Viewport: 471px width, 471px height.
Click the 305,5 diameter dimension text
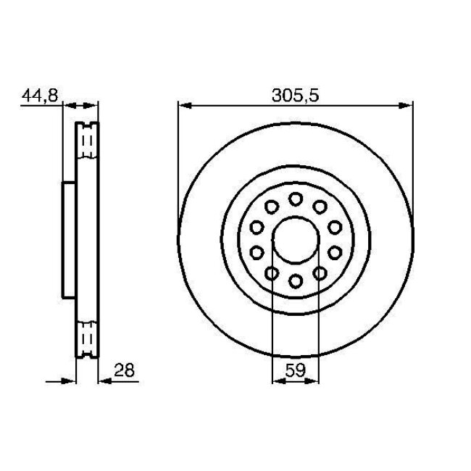[x=296, y=94]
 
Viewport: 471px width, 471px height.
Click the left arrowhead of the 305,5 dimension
[x=184, y=106]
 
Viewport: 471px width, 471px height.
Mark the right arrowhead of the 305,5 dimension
[x=407, y=106]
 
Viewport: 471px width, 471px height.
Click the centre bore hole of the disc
[x=295, y=238]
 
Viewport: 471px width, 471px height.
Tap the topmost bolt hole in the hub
[x=295, y=199]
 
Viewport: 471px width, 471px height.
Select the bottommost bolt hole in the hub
[x=295, y=280]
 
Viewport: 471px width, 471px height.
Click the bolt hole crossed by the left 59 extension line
[x=271, y=272]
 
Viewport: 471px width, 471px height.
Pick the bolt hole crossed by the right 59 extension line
[x=319, y=272]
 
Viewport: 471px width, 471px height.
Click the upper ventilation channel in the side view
[x=88, y=141]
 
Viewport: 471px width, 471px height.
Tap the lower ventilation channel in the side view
[x=88, y=337]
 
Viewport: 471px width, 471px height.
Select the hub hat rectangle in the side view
[x=69, y=239]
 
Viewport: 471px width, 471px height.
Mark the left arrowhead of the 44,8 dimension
[x=69, y=106]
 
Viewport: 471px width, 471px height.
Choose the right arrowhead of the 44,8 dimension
[x=93, y=106]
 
